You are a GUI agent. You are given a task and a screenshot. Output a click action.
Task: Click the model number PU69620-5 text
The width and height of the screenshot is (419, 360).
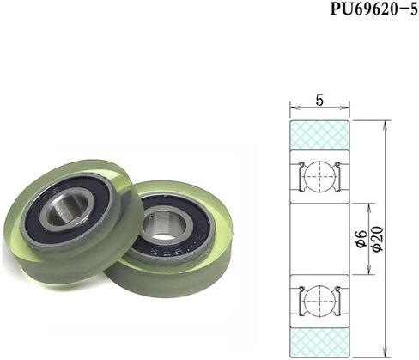(x=374, y=9)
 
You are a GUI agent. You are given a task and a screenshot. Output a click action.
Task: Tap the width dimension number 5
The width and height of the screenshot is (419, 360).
(x=319, y=100)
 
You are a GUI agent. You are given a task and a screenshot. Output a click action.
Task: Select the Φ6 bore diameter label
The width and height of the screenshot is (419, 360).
(x=362, y=238)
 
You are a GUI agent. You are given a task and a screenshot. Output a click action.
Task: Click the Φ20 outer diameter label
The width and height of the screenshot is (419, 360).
(x=378, y=239)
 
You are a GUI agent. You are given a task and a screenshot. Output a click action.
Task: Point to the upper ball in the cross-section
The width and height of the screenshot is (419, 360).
(x=319, y=176)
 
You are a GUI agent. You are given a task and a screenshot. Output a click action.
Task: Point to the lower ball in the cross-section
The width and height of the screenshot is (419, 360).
(x=319, y=302)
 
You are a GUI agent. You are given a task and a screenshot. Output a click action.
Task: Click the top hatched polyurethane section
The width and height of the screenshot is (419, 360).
(x=319, y=135)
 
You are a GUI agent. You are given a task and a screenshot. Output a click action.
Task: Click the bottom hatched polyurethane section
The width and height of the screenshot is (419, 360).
(x=319, y=343)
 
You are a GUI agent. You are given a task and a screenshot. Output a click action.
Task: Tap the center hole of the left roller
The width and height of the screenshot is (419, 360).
(x=67, y=209)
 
